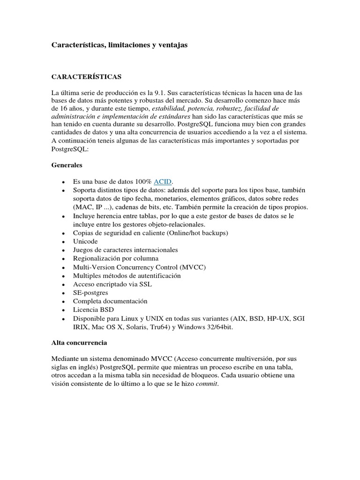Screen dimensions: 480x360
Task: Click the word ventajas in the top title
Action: coord(171,45)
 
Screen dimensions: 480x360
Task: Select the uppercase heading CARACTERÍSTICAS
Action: coord(86,76)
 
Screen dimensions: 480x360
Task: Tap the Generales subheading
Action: coord(67,165)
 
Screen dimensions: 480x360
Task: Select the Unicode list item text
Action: coord(85,241)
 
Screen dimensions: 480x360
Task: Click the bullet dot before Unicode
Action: coord(63,242)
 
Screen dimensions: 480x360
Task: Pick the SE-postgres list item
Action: coord(90,292)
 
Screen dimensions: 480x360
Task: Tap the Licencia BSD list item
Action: coord(93,309)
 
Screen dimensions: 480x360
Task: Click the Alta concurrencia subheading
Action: coord(79,343)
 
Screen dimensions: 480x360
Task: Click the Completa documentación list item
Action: coord(110,301)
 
